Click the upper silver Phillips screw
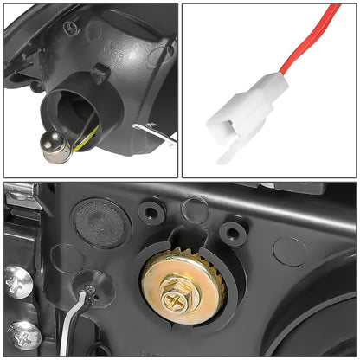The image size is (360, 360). coord(16,280)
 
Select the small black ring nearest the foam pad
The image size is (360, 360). coord(153,211)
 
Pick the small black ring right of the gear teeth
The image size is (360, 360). coord(232,231)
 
